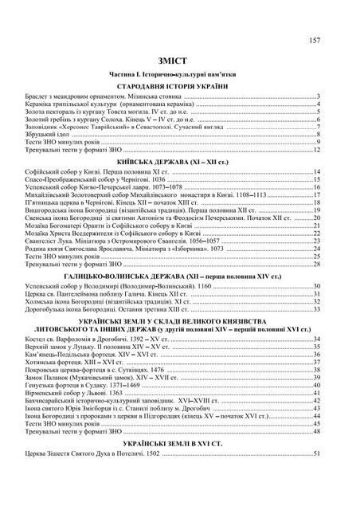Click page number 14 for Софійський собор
[x=316, y=172]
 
